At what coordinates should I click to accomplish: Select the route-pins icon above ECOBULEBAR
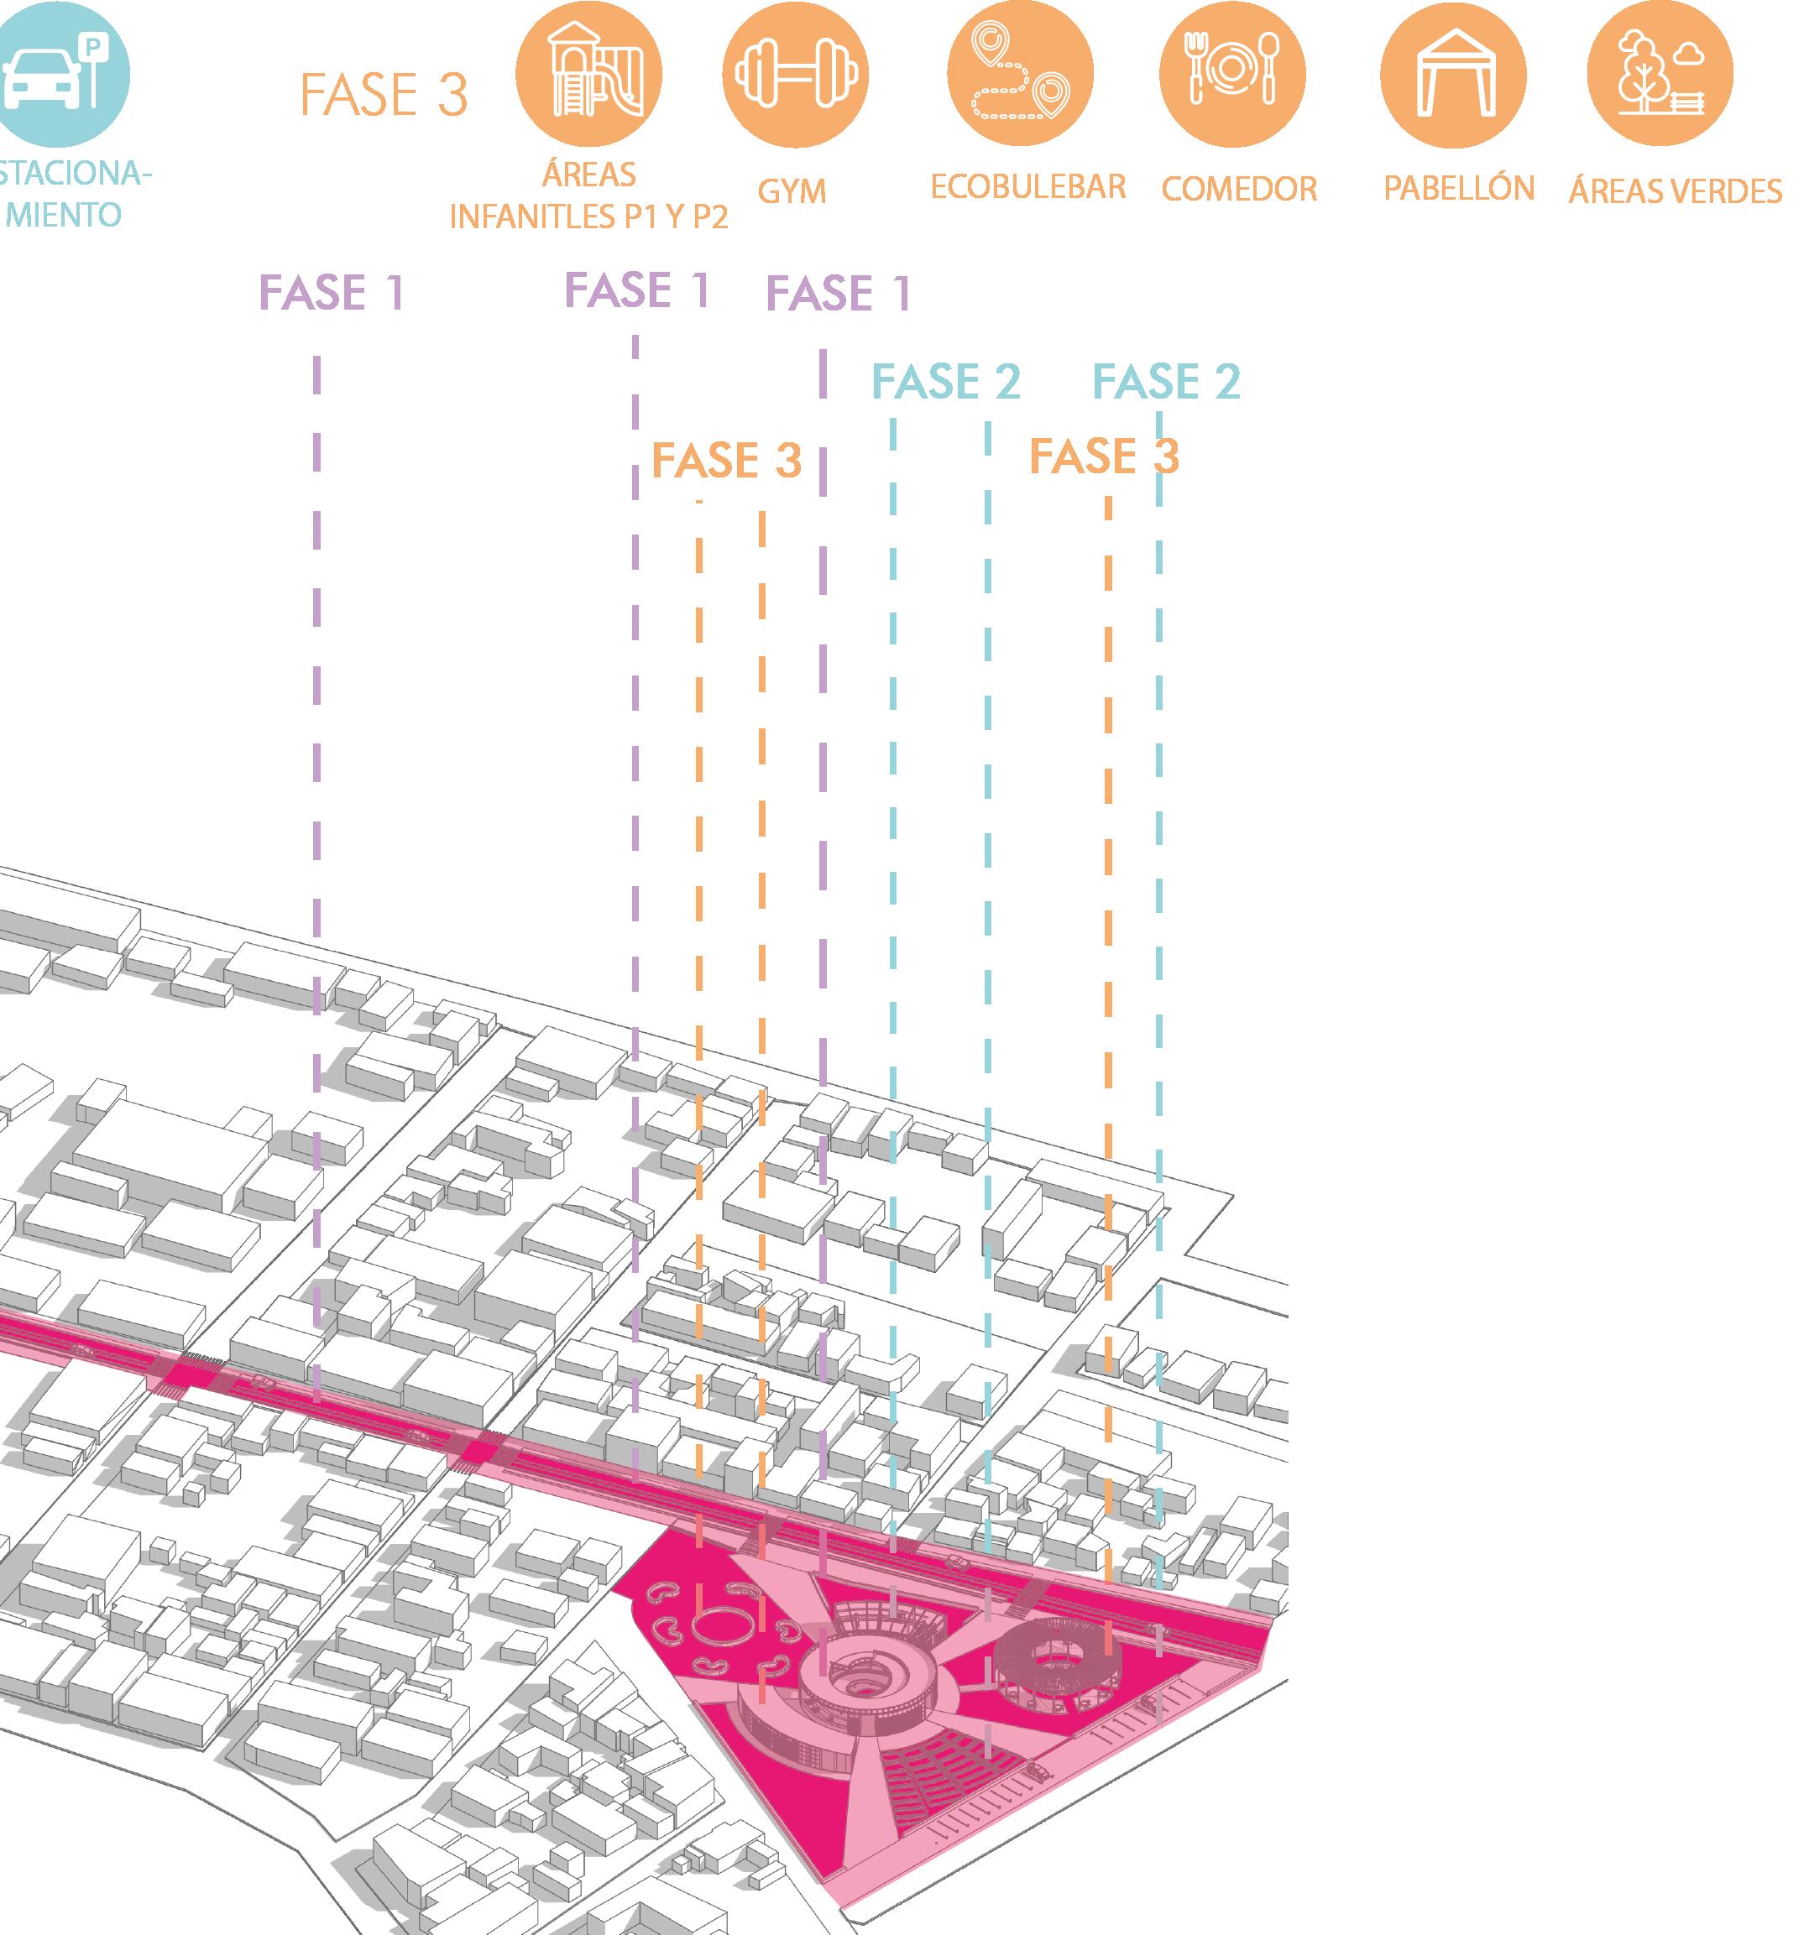[x=1019, y=74]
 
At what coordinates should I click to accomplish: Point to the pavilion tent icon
[x=1452, y=74]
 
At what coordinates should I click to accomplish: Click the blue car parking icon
[x=59, y=74]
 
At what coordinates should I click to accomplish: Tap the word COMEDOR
[x=1238, y=189]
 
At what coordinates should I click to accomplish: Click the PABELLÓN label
[x=1458, y=188]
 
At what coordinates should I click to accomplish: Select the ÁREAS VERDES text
[x=1675, y=190]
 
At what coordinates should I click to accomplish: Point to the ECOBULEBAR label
[x=1027, y=187]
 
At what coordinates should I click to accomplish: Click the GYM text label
[x=792, y=192]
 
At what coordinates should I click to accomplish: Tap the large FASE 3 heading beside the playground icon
[x=384, y=96]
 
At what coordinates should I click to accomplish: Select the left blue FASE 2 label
[x=945, y=382]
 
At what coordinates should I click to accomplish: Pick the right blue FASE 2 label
[x=1165, y=382]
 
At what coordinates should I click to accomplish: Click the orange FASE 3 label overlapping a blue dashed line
[x=1103, y=456]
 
